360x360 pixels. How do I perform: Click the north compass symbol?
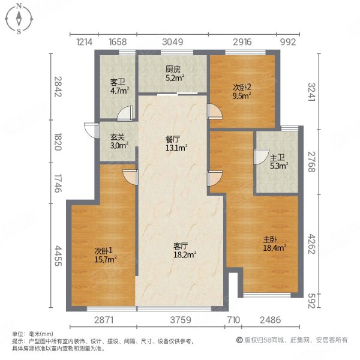tap(20, 19)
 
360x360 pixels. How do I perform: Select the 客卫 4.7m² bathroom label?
tap(116, 86)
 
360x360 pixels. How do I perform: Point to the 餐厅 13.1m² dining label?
tap(176, 143)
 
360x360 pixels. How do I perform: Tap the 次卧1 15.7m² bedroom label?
tap(105, 254)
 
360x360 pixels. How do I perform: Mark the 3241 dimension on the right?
tap(311, 91)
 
